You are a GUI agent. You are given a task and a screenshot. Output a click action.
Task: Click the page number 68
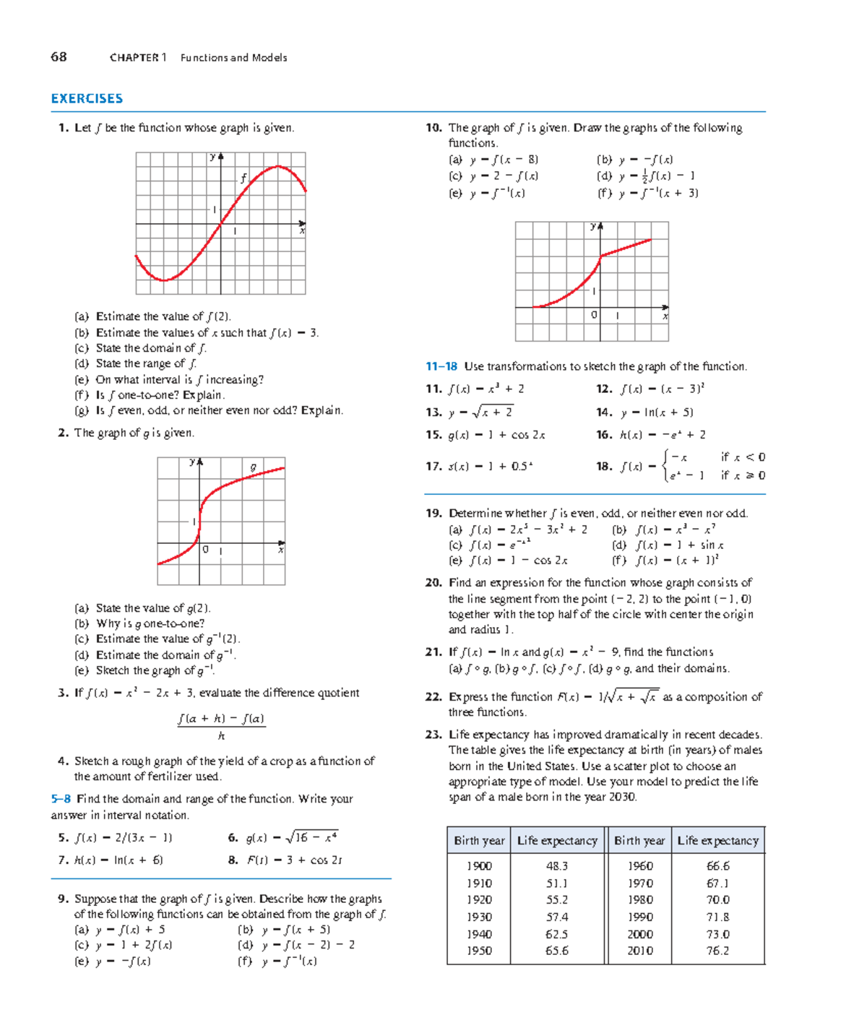(59, 57)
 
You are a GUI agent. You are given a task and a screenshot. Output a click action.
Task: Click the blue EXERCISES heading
(87, 99)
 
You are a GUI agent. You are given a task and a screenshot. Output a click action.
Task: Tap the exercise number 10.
(433, 128)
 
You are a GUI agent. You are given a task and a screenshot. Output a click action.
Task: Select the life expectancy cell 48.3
(556, 866)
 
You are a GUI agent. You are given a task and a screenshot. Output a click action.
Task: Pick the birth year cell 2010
(639, 951)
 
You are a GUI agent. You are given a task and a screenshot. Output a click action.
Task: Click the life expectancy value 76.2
(717, 951)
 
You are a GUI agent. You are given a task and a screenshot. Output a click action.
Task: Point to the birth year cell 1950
(479, 951)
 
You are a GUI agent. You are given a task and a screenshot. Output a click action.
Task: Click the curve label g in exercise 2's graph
(253, 467)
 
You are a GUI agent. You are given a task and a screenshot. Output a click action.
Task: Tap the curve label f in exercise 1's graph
(243, 178)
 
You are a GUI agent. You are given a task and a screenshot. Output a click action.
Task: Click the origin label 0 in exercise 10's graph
(594, 315)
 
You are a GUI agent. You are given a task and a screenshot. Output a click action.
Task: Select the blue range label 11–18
(441, 367)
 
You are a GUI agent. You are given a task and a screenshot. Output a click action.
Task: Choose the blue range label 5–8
(61, 799)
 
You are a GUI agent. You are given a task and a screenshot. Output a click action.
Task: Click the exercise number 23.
(433, 735)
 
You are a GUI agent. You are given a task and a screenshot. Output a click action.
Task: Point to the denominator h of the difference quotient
(221, 736)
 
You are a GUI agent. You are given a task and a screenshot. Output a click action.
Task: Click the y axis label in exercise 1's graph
(213, 157)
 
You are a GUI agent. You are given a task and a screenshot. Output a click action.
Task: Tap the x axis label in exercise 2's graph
(280, 550)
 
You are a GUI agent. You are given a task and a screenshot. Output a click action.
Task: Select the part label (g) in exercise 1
(82, 410)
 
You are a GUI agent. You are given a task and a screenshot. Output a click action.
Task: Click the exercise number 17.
(433, 467)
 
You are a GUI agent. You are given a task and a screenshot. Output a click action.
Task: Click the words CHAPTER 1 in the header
(138, 58)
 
